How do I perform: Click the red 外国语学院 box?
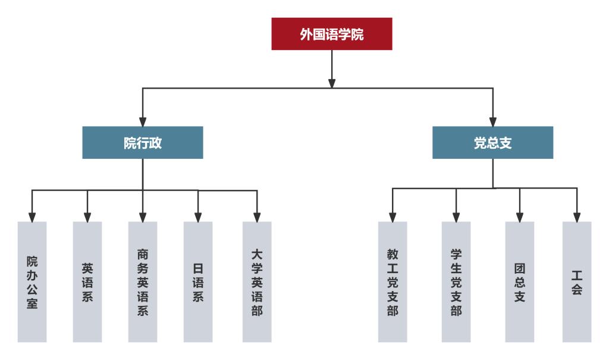tap(332, 34)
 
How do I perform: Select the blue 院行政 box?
tap(143, 143)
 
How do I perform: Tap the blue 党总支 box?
tap(492, 143)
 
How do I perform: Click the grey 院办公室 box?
tap(32, 282)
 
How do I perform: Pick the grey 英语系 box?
tap(87, 282)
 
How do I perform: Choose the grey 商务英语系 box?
tap(143, 282)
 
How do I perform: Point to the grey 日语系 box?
tap(198, 282)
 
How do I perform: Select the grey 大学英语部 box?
tap(257, 282)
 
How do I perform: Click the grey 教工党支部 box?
tap(393, 282)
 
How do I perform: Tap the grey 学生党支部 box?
tap(456, 282)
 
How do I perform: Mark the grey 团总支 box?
tap(520, 282)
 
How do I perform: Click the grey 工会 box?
tap(577, 282)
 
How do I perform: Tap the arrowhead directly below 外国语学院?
tap(332, 82)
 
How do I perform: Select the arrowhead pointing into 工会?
tap(577, 215)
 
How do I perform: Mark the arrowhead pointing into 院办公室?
tap(32, 215)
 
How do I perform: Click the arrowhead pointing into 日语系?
tap(198, 215)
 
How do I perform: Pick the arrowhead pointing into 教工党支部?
tap(393, 215)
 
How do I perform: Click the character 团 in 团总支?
tap(520, 268)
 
